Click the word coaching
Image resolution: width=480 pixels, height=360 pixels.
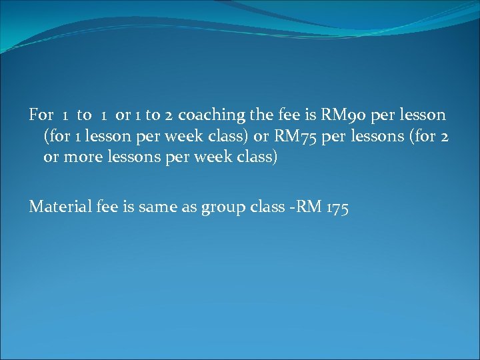[x=212, y=115]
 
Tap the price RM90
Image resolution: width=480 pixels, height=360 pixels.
[x=345, y=115]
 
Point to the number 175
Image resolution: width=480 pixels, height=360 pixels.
[x=337, y=207]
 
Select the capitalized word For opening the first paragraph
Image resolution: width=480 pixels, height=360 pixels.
[x=41, y=115]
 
